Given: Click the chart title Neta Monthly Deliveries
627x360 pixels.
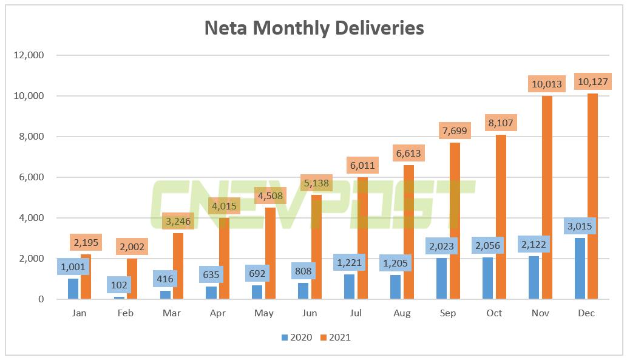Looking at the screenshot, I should tap(314, 28).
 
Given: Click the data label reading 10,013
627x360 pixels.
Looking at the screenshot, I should tap(546, 84).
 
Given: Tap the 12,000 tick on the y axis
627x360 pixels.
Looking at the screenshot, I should tap(29, 55).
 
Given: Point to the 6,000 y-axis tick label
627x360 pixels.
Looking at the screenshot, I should tap(31, 177).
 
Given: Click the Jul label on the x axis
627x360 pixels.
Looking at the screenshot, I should tap(356, 313).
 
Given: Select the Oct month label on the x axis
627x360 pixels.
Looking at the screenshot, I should tap(494, 313).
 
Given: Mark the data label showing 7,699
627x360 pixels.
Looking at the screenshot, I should tap(454, 131).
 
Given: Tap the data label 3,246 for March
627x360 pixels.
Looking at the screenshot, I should tap(178, 222).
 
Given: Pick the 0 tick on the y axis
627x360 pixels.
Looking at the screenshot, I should tap(41, 299).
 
